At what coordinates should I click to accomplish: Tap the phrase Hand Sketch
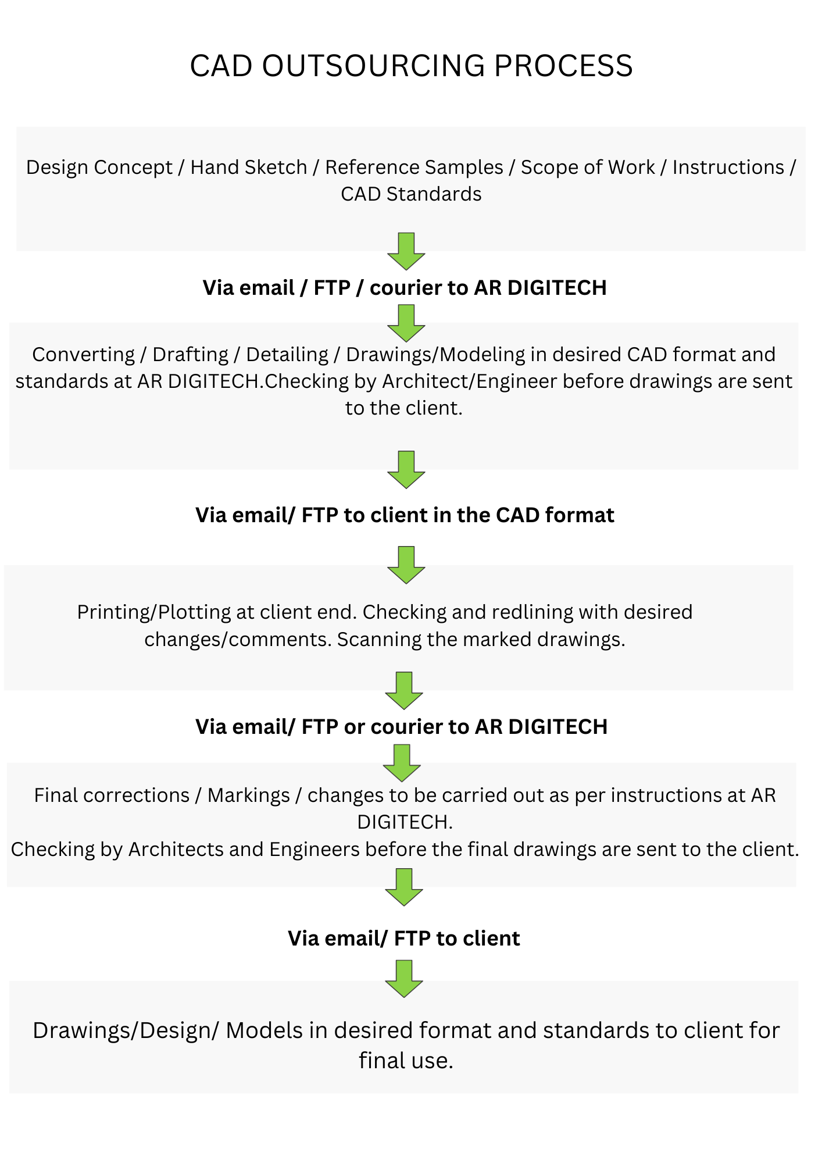249,167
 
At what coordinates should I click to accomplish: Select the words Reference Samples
414,167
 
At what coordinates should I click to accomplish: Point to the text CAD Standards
411,194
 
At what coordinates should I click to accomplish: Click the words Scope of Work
588,167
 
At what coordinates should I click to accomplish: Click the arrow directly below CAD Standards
406,251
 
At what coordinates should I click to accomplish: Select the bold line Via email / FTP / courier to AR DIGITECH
405,288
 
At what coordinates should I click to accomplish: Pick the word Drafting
191,355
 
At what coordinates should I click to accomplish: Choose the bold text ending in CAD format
405,515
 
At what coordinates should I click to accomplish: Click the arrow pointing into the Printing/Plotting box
406,565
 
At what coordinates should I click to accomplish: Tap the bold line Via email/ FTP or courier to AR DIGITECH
402,727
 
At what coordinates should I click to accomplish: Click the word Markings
249,795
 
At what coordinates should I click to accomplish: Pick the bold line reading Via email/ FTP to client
404,939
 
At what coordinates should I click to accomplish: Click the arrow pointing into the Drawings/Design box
404,979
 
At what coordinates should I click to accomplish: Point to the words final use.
406,1061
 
